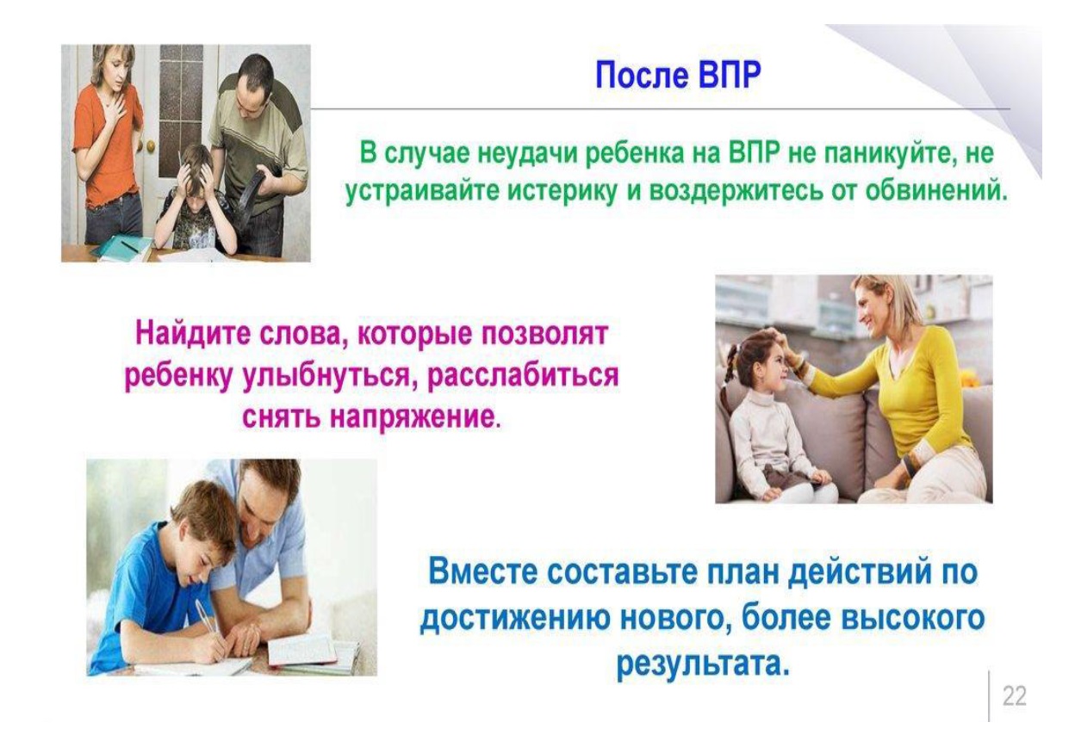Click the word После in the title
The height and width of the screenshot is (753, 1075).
click(x=641, y=75)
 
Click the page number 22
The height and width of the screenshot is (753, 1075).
click(x=1014, y=696)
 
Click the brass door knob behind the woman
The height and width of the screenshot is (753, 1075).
click(x=152, y=145)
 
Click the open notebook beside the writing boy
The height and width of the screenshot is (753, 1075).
click(x=314, y=651)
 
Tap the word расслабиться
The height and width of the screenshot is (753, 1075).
click(x=522, y=377)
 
